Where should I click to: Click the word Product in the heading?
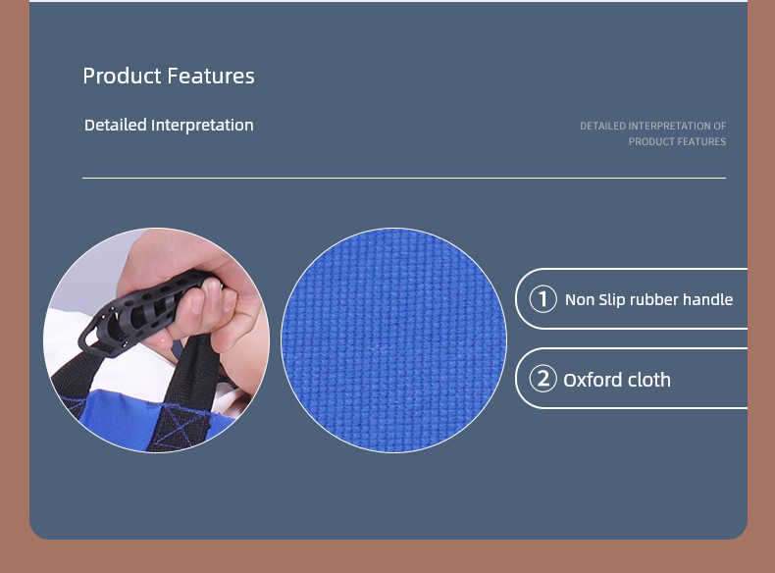coord(122,76)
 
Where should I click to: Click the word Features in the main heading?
coord(211,76)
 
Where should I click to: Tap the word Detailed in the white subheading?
coord(116,125)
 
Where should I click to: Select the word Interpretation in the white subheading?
coord(203,125)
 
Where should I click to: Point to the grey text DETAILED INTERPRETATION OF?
coord(653,126)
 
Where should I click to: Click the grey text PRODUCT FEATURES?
coord(677,142)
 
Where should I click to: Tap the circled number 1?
coord(542,299)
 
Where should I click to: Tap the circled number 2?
coord(542,379)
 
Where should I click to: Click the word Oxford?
coord(588,380)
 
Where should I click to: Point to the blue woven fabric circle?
coord(394,340)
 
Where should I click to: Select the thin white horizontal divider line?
coord(404,178)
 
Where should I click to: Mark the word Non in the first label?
coord(579,299)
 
